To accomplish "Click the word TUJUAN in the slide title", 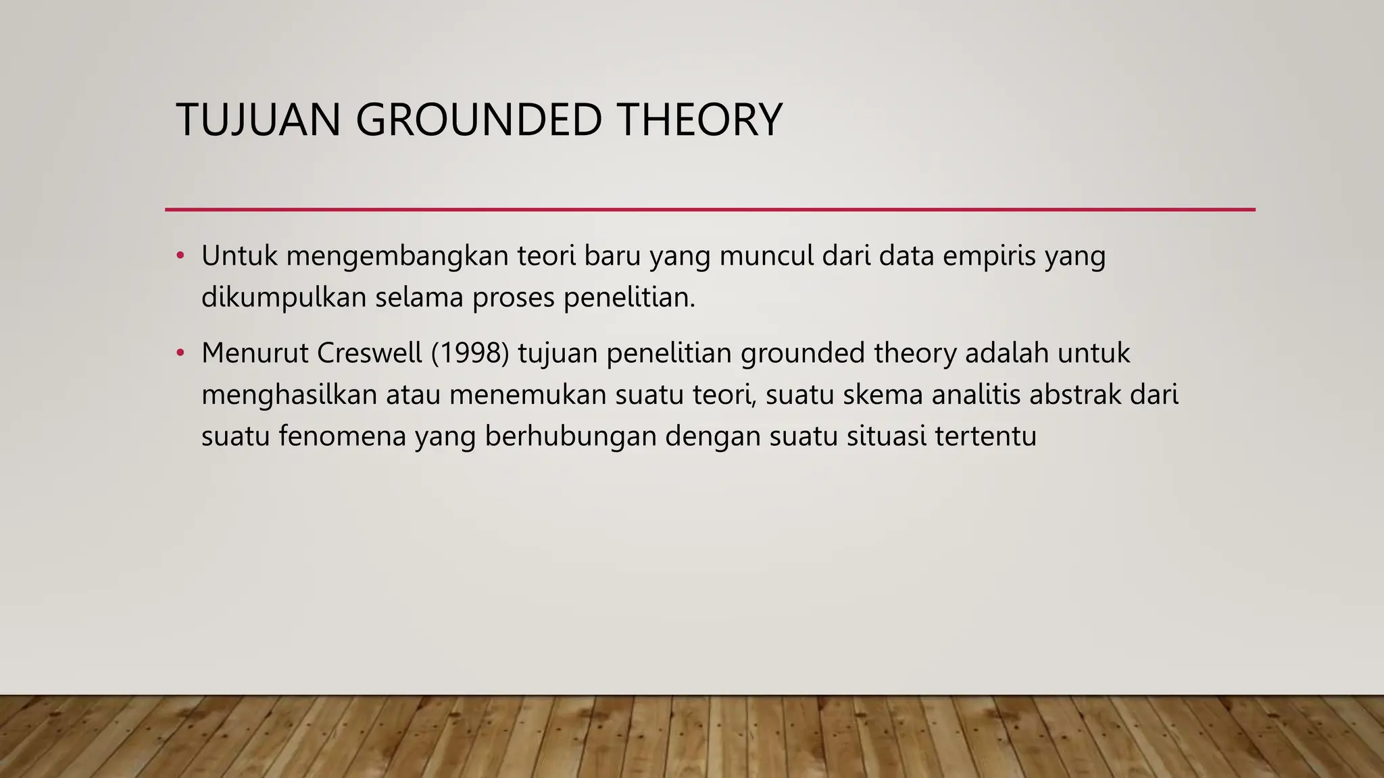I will click(x=257, y=120).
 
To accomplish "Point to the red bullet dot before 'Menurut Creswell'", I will click(x=180, y=353).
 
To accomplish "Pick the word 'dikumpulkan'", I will click(x=284, y=298).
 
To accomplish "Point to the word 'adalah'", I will click(x=1006, y=353).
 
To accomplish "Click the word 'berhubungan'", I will click(x=570, y=436).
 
